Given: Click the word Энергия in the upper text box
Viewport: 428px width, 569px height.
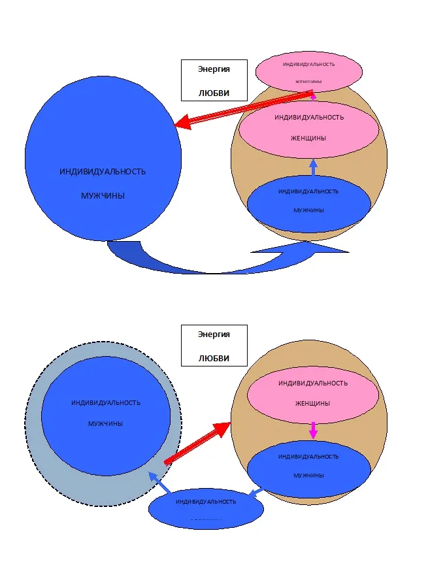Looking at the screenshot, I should coord(214,68).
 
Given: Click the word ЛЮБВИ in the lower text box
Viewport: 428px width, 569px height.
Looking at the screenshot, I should coord(214,359).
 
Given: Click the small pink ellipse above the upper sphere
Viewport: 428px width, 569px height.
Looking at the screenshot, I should coord(309,71).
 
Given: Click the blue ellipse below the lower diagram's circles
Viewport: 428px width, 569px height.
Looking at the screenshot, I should coord(206,508).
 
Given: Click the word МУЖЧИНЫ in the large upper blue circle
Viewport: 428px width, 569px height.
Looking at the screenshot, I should coord(103,195).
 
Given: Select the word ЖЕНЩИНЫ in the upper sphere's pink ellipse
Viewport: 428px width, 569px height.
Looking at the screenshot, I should coord(308,138).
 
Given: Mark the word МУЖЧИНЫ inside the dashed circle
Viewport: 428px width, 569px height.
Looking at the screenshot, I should coord(105,423).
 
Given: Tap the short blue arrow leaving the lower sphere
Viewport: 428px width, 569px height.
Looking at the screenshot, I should coord(256,492).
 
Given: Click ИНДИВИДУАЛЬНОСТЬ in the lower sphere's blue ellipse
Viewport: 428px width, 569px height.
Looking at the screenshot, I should coord(308,456).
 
